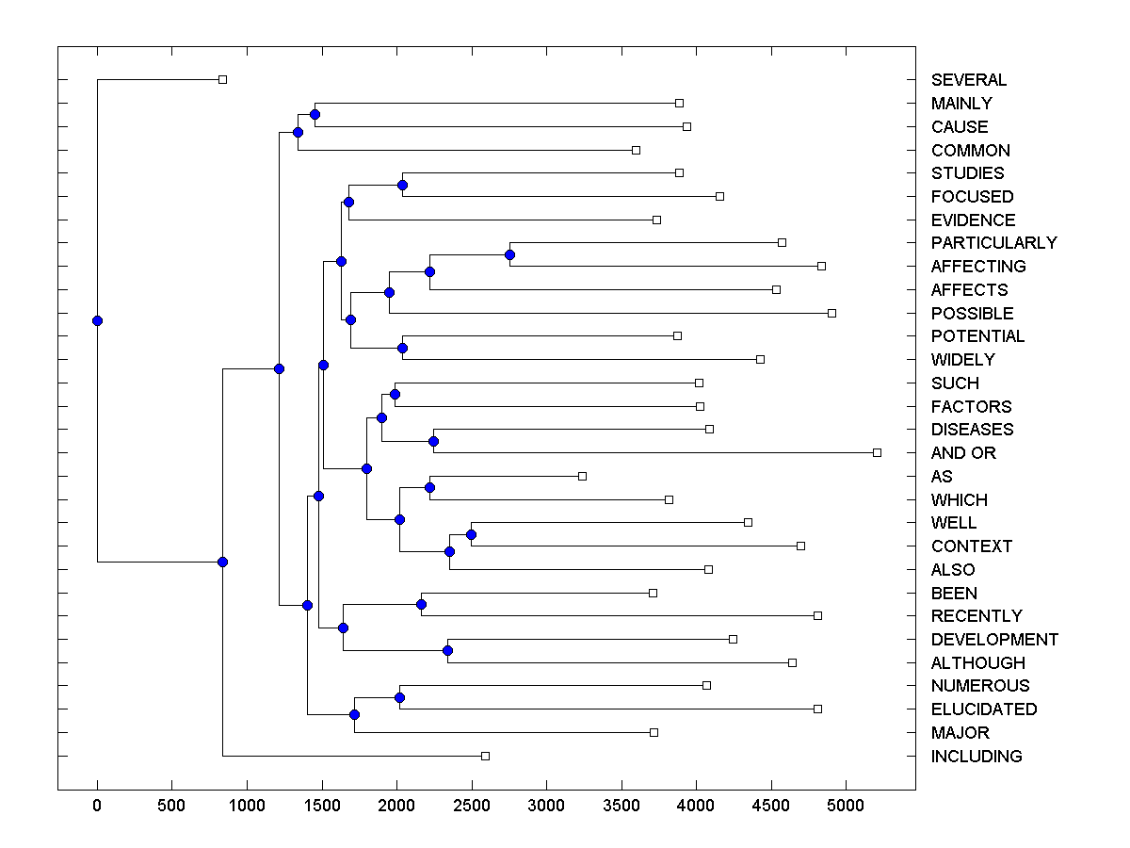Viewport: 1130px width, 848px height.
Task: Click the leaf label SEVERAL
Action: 968,80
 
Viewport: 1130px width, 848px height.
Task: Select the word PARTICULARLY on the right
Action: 993,243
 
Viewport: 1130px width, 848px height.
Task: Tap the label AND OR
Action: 962,453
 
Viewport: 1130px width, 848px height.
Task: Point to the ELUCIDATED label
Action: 983,709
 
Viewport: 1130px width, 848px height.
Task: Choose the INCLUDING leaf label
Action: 976,757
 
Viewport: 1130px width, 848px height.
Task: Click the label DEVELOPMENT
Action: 994,640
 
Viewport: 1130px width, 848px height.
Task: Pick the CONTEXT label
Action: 971,546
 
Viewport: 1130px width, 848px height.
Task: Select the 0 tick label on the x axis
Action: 97,807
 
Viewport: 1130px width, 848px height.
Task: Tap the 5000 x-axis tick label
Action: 845,807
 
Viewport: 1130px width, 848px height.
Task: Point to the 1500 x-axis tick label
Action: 321,807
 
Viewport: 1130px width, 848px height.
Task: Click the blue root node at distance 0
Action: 97,320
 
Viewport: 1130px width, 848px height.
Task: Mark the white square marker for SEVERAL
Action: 222,79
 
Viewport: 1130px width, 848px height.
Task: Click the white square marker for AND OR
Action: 877,452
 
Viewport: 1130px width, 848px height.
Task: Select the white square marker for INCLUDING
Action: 485,756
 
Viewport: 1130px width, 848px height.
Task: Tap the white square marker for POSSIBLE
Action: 831,313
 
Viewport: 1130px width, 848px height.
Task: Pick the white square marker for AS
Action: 582,476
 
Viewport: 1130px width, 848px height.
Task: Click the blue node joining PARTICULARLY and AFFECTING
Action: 509,254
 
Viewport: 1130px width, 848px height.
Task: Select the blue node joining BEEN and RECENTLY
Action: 421,604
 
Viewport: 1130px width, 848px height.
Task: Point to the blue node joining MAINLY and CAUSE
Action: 315,114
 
